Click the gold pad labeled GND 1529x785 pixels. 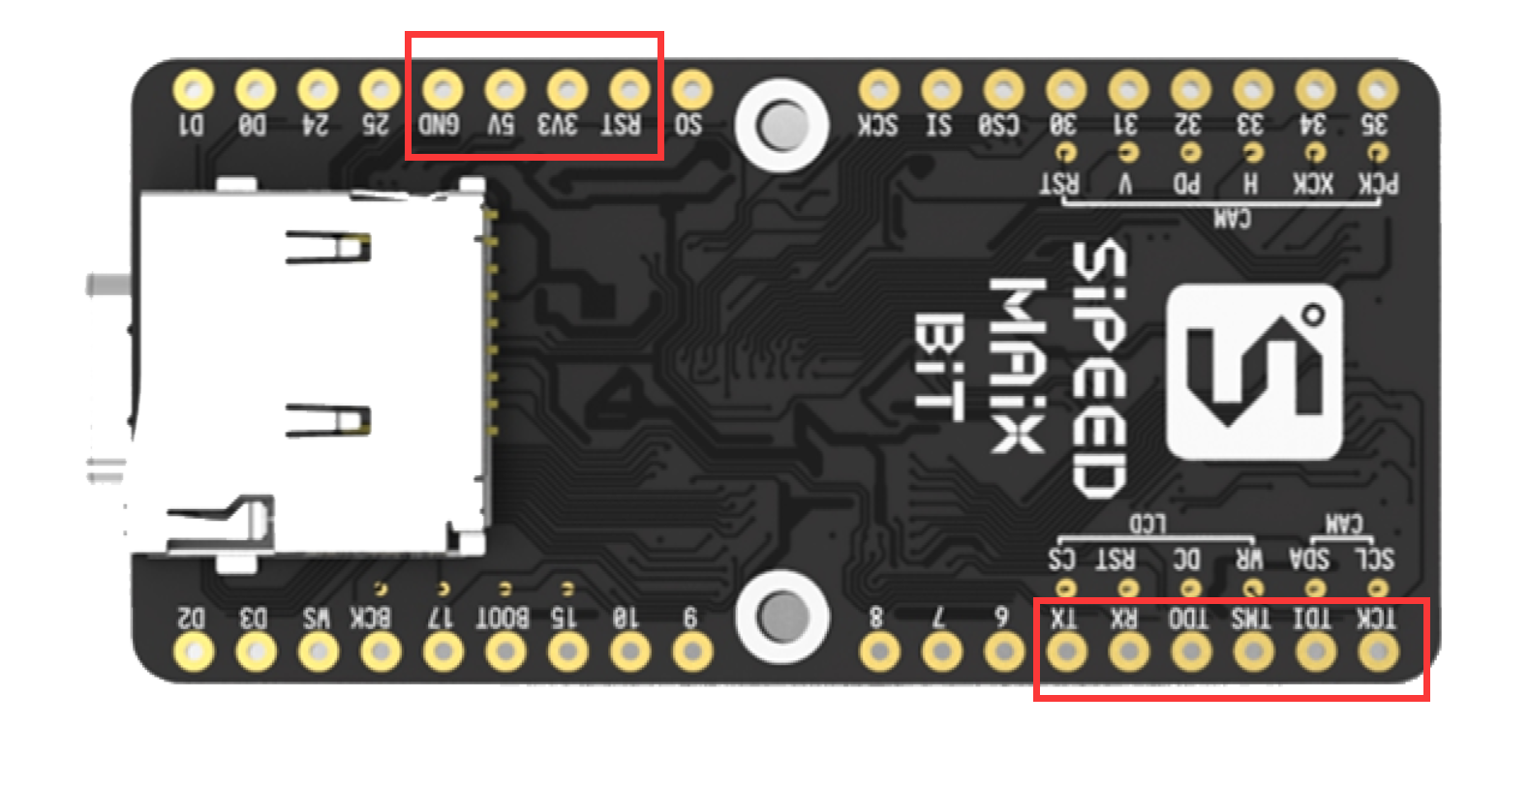click(443, 91)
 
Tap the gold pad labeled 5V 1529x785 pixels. click(505, 91)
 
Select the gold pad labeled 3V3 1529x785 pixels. click(566, 91)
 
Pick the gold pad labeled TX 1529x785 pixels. click(1066, 651)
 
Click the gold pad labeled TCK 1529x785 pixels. click(1377, 651)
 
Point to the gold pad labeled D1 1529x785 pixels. click(194, 91)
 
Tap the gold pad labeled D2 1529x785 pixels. click(194, 651)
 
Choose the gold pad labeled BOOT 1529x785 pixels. click(505, 651)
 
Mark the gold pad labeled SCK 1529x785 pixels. click(878, 91)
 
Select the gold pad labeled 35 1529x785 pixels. click(1377, 91)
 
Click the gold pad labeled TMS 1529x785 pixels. click(1253, 651)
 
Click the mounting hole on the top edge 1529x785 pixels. click(780, 125)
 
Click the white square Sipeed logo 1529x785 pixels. click(1255, 373)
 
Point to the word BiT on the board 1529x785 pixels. click(938, 367)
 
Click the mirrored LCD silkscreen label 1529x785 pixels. click(1147, 524)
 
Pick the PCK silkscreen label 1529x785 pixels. click(1377, 184)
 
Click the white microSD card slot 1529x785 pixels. click(310, 373)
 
